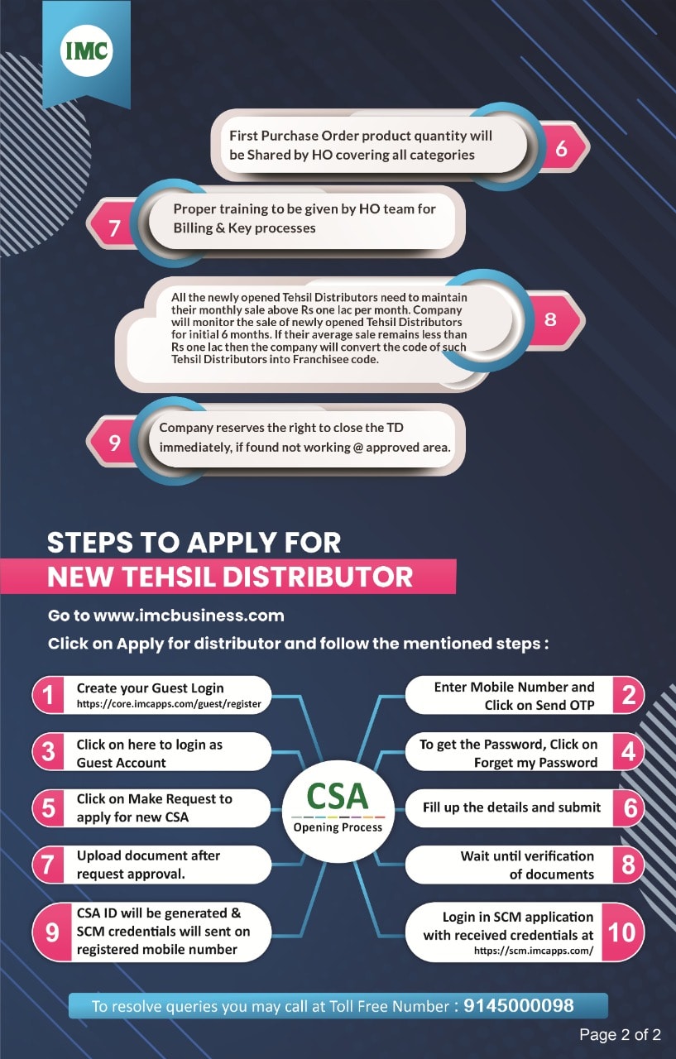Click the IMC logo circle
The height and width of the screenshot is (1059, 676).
pyautogui.click(x=87, y=51)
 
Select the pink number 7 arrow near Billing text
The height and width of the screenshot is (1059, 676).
pyautogui.click(x=115, y=228)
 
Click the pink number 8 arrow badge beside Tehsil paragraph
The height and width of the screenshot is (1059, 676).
pyautogui.click(x=551, y=319)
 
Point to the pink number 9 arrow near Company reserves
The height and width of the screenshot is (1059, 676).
pyautogui.click(x=115, y=443)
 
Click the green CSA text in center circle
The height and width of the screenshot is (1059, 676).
pyautogui.click(x=338, y=796)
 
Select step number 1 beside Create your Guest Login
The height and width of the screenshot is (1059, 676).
pyautogui.click(x=50, y=696)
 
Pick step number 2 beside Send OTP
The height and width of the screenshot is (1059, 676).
pyautogui.click(x=629, y=696)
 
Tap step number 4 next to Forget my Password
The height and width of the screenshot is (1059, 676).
pyautogui.click(x=629, y=752)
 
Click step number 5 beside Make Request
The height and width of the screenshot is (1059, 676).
pyautogui.click(x=50, y=807)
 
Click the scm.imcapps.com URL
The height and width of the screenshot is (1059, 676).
pyautogui.click(x=534, y=951)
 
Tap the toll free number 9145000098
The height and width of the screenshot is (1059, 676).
pyautogui.click(x=519, y=1006)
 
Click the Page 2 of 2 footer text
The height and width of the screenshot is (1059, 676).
pyautogui.click(x=620, y=1034)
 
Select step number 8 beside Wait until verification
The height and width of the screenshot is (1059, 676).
pyautogui.click(x=629, y=865)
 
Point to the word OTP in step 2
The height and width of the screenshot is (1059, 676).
pyautogui.click(x=579, y=705)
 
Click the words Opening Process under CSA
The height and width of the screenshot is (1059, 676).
pyautogui.click(x=338, y=827)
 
